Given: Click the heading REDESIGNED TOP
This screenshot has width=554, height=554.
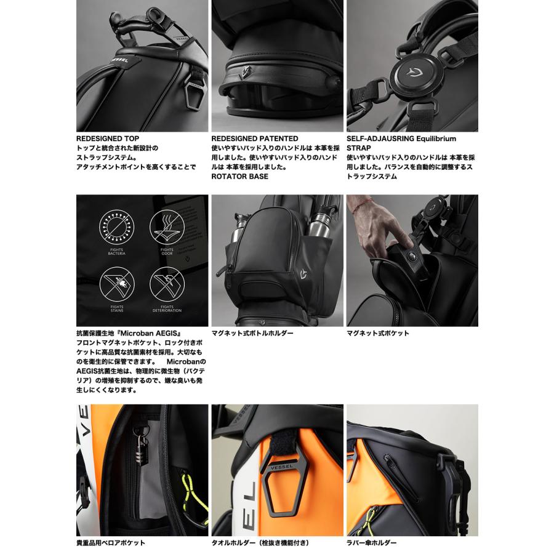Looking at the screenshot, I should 108,139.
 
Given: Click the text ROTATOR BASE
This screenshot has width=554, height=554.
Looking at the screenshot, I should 239,176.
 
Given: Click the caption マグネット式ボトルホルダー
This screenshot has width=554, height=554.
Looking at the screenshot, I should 252,333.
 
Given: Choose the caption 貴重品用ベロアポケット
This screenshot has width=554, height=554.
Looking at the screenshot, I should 111,543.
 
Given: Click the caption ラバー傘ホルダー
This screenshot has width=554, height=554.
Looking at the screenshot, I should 372,543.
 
